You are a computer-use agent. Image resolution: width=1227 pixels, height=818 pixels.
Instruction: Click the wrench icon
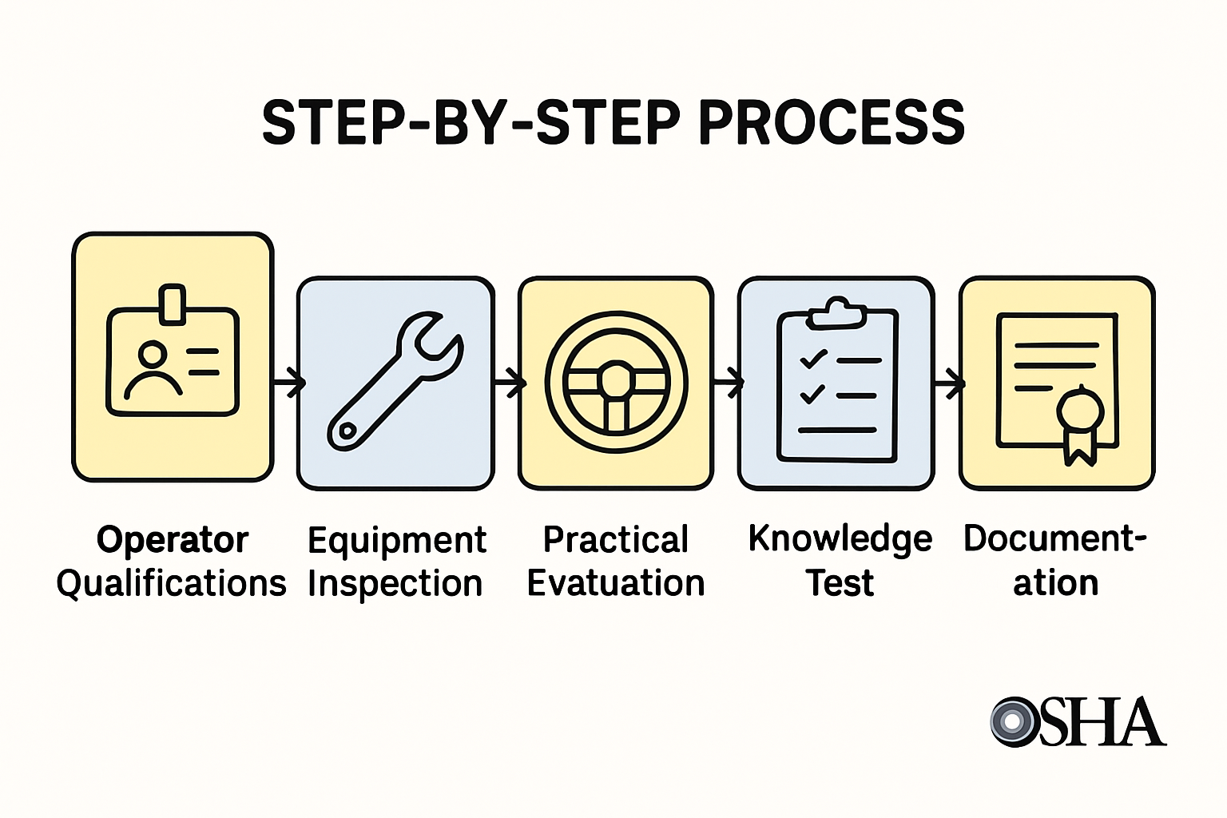pyautogui.click(x=395, y=380)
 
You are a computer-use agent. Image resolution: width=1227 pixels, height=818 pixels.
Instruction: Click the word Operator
pyautogui.click(x=173, y=540)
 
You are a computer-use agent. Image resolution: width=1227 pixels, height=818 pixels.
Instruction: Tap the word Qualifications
pyautogui.click(x=171, y=584)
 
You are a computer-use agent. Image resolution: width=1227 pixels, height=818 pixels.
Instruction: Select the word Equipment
pyautogui.click(x=397, y=541)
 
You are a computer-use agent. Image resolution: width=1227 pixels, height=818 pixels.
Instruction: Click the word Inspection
pyautogui.click(x=395, y=584)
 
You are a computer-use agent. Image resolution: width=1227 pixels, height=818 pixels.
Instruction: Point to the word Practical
pyautogui.click(x=616, y=540)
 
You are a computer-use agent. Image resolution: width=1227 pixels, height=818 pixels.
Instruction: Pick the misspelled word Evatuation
pyautogui.click(x=616, y=584)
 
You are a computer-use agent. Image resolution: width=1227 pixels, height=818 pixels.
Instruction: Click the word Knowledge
pyautogui.click(x=840, y=539)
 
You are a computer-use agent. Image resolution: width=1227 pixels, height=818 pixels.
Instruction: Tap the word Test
pyautogui.click(x=840, y=583)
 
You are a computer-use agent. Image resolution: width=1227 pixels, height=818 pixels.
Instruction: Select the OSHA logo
pyautogui.click(x=1078, y=721)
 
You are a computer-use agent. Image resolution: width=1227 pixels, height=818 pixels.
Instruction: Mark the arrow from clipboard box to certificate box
pyautogui.click(x=948, y=384)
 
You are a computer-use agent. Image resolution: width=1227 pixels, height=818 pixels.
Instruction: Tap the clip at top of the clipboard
pyautogui.click(x=836, y=313)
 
